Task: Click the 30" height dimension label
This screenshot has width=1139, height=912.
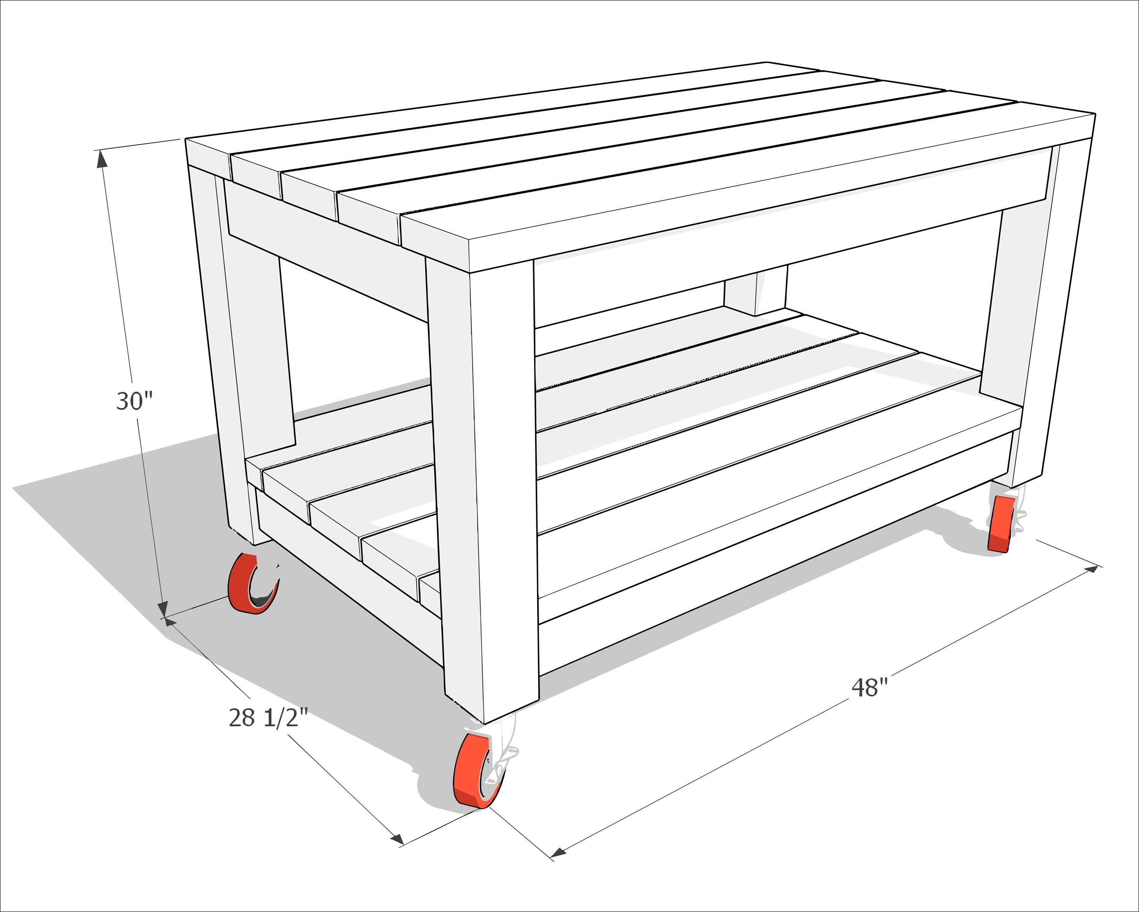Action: [134, 401]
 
